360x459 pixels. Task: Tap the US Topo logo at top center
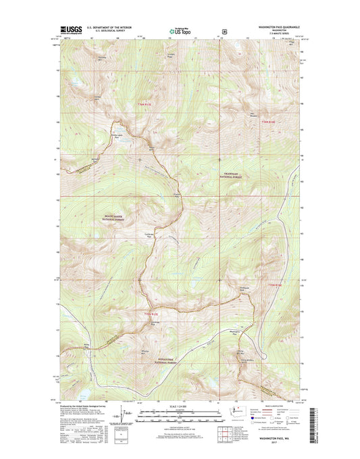[180, 30]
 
